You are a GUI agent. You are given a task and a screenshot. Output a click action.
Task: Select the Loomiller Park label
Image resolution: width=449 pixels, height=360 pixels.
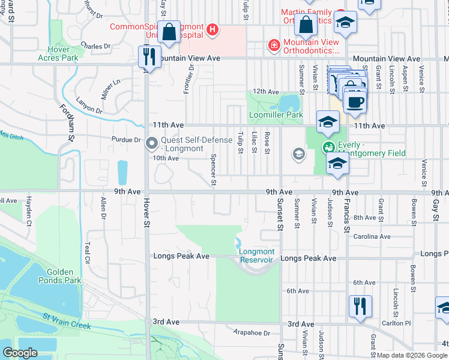(x=276, y=115)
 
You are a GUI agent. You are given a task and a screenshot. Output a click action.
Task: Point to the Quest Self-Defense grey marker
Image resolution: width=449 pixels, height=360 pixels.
(x=152, y=143)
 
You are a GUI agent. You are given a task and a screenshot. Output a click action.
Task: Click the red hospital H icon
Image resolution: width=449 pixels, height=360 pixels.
(x=211, y=29)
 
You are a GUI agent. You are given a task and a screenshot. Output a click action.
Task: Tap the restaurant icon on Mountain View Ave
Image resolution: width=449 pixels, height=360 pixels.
(x=148, y=56)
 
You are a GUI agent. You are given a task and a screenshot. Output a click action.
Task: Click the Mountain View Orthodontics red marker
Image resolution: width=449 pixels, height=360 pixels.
(x=274, y=46)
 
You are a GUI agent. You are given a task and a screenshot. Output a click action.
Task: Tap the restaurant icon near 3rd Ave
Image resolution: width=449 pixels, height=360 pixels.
(x=360, y=305)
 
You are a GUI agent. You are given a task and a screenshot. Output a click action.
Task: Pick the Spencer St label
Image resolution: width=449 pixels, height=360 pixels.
(x=214, y=169)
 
